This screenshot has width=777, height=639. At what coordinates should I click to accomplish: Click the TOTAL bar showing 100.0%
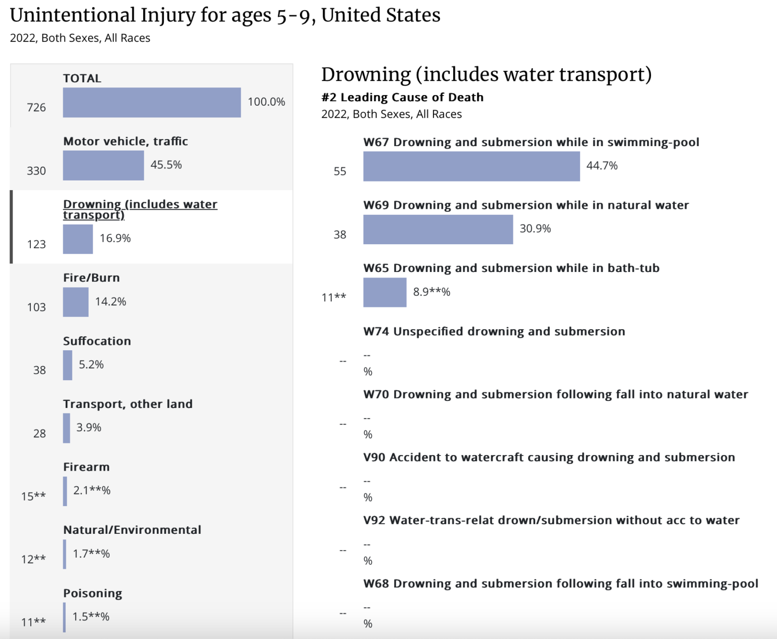(x=152, y=103)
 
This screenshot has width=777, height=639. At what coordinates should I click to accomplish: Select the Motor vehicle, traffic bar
(x=103, y=165)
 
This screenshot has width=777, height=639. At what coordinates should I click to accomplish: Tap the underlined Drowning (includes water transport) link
(x=140, y=209)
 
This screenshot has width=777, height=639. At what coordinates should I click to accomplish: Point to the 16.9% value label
(x=115, y=238)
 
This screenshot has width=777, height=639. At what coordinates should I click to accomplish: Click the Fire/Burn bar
(x=76, y=302)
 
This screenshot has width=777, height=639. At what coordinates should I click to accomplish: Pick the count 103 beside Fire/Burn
(x=36, y=307)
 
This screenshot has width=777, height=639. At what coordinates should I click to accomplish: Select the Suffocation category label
(x=97, y=341)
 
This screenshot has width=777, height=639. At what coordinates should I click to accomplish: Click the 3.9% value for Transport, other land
(x=89, y=428)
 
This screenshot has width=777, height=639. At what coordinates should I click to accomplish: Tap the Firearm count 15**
(x=33, y=496)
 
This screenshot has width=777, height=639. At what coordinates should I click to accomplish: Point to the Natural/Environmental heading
(x=132, y=530)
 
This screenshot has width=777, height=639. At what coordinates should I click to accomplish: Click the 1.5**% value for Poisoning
(x=91, y=617)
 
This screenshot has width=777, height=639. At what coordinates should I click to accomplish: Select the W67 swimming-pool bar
(x=471, y=166)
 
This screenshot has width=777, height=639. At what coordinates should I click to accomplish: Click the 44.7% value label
(x=602, y=166)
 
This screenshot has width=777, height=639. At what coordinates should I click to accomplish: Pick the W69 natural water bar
(x=438, y=230)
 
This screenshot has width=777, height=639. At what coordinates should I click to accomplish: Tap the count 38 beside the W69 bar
(x=340, y=235)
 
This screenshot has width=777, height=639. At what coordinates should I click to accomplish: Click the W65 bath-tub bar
(x=384, y=292)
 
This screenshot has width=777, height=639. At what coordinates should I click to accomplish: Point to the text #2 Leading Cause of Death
(x=402, y=97)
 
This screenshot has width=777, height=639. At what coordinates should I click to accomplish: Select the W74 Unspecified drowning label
(x=494, y=332)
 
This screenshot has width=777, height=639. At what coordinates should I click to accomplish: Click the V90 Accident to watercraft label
(x=549, y=458)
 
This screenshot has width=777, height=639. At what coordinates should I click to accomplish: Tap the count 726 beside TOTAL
(x=36, y=108)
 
